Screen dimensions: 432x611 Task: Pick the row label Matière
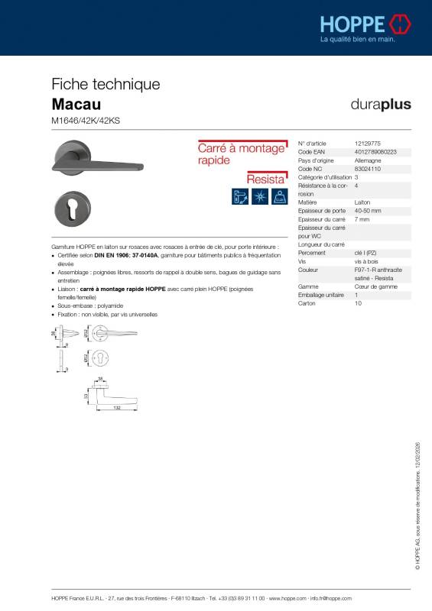click(308, 202)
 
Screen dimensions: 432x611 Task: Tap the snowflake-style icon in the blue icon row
click(259, 196)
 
